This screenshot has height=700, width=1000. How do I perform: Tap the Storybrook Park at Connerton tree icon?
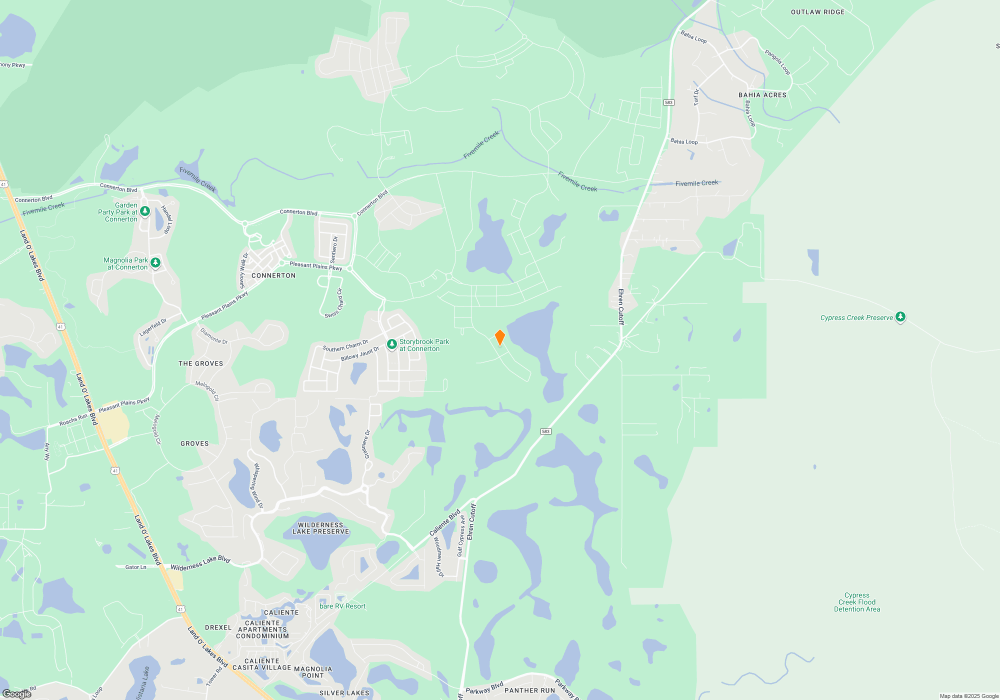[392, 344]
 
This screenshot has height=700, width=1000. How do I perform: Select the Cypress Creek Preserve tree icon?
[900, 316]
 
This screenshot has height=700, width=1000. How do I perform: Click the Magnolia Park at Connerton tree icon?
[155, 262]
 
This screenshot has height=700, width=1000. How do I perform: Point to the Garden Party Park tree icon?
[145, 211]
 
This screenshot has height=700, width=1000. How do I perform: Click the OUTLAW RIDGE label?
[817, 12]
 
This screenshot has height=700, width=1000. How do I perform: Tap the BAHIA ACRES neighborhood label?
[762, 95]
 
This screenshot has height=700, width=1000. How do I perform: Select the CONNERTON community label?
[273, 275]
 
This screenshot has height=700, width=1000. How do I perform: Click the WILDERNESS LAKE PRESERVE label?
[320, 528]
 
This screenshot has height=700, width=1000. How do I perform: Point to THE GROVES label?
[201, 363]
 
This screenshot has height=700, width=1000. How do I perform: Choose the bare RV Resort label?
[342, 606]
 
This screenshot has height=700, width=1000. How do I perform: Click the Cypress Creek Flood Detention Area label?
[857, 602]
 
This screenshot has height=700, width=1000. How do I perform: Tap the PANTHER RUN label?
[529, 690]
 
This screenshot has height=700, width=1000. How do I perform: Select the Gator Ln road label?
[135, 567]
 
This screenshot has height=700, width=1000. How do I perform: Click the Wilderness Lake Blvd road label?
[200, 563]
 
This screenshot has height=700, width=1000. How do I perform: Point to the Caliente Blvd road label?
[444, 523]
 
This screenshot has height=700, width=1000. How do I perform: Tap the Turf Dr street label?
[696, 97]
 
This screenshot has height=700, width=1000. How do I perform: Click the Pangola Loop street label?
[777, 62]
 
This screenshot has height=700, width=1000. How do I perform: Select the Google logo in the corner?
[16, 694]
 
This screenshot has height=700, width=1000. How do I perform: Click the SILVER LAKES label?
[344, 693]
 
